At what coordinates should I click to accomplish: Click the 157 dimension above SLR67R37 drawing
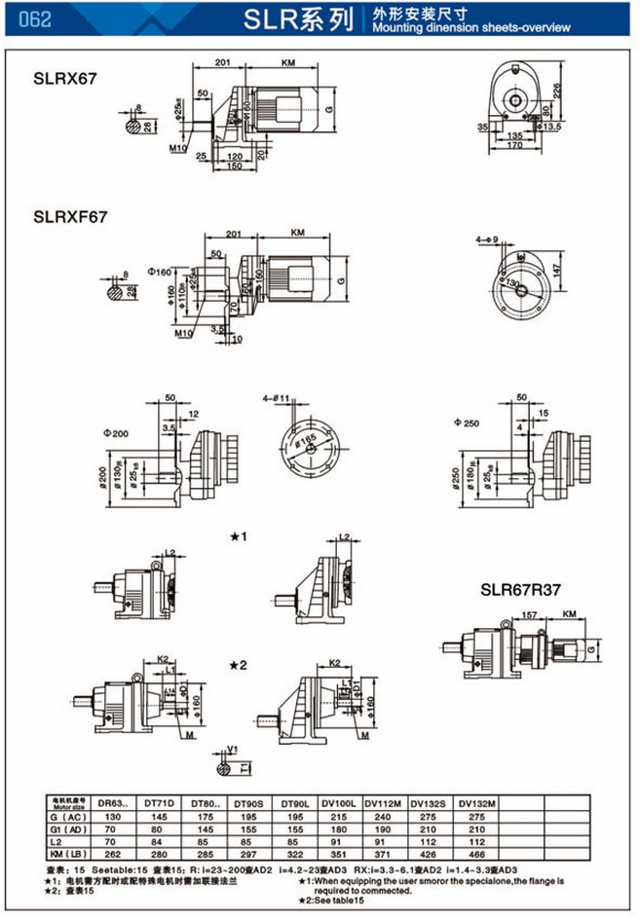click(529, 615)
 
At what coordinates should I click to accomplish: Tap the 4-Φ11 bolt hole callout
click(276, 399)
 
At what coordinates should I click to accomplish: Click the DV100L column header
click(344, 802)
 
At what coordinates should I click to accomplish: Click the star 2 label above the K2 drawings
click(241, 665)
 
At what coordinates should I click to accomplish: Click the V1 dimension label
click(232, 750)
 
